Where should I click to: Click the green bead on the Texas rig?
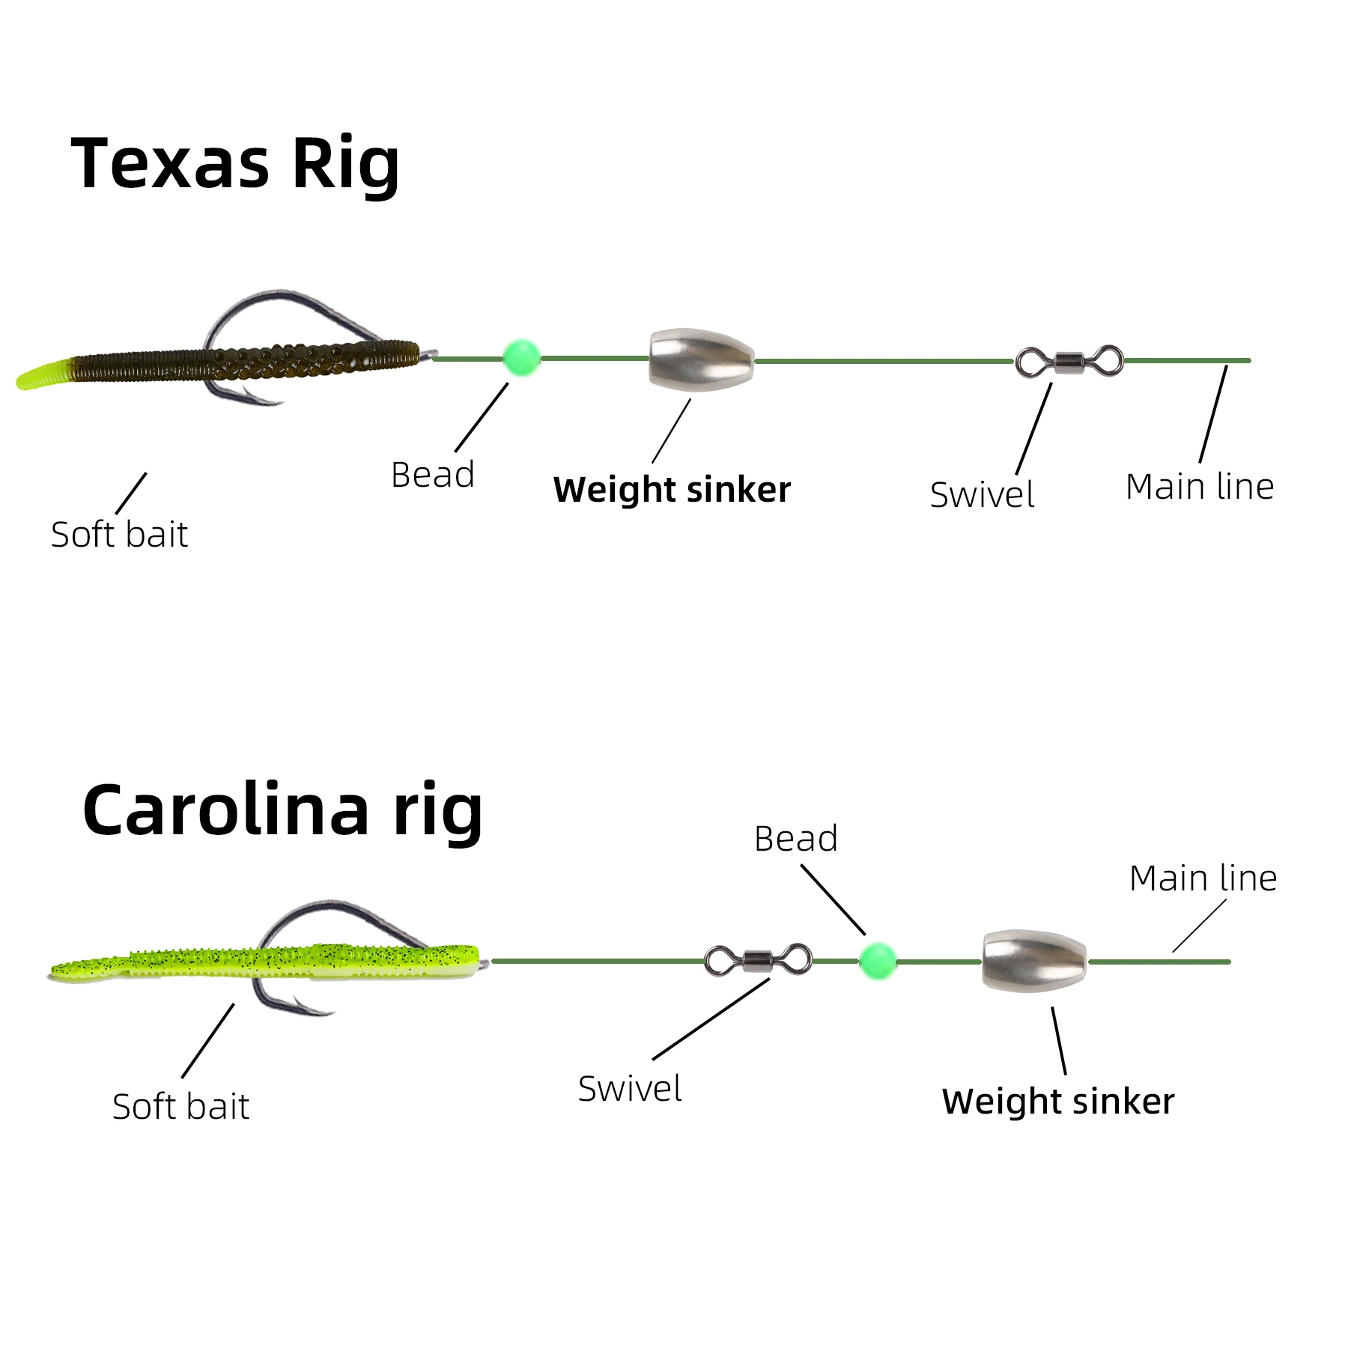pos(521,357)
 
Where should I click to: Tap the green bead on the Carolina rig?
pos(877,960)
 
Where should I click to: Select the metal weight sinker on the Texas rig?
pos(701,359)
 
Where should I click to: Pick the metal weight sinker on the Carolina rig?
pos(1034,961)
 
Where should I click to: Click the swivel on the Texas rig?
pos(1069,362)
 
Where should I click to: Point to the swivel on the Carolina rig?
pos(758,959)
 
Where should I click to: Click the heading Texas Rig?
pos(235,164)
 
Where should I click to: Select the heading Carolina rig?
pos(282,811)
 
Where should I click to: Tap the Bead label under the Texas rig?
pos(433,475)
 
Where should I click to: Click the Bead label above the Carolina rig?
pos(795,839)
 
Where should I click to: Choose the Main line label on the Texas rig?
pos(1200,487)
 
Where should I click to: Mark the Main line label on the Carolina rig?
pos(1203,878)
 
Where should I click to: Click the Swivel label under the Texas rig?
pos(982,495)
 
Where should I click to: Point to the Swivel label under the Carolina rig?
pos(630,1089)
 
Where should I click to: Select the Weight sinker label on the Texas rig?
pos(672,491)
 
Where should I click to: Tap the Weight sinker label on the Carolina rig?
pos(1058,1102)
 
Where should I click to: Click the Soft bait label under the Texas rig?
pos(119,535)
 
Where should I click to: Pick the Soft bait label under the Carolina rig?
pos(180,1107)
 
